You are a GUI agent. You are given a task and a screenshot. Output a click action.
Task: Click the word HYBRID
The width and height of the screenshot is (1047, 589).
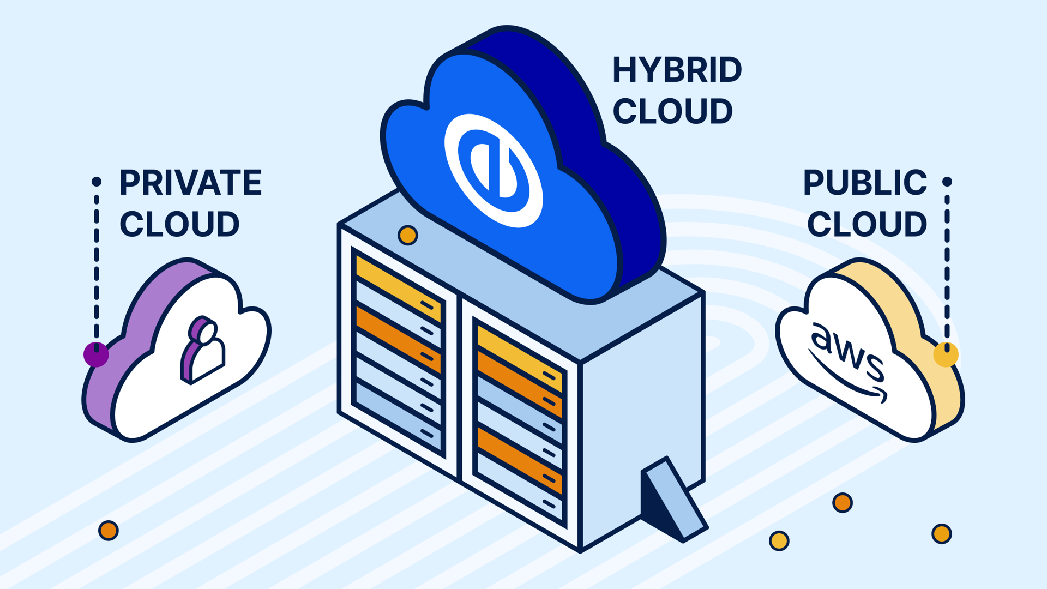[677, 70]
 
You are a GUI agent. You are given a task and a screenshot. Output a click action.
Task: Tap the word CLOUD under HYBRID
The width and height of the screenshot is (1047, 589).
[672, 111]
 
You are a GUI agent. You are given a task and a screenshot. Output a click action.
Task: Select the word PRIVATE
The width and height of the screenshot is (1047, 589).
[190, 183]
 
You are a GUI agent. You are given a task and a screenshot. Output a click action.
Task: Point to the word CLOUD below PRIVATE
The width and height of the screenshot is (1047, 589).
[179, 224]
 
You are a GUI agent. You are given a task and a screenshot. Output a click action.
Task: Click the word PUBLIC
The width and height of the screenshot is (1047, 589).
[865, 183]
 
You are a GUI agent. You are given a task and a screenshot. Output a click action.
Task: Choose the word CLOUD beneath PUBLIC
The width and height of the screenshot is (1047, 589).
[867, 224]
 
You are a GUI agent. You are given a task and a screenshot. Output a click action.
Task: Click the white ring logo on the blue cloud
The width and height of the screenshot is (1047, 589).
[494, 170]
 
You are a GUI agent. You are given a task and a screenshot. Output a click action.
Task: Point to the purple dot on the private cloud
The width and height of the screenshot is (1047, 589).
[96, 354]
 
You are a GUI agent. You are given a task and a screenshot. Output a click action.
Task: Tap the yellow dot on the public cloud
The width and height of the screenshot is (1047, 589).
[946, 354]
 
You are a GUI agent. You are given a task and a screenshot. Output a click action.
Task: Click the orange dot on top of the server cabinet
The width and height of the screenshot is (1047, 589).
[407, 236]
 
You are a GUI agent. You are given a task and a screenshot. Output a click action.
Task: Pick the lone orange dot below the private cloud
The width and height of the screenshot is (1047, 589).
[108, 530]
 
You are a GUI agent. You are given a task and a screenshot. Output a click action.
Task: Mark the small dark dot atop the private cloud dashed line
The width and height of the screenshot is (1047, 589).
[97, 182]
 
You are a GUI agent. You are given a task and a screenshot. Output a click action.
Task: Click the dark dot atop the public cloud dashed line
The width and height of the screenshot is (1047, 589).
[947, 182]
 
